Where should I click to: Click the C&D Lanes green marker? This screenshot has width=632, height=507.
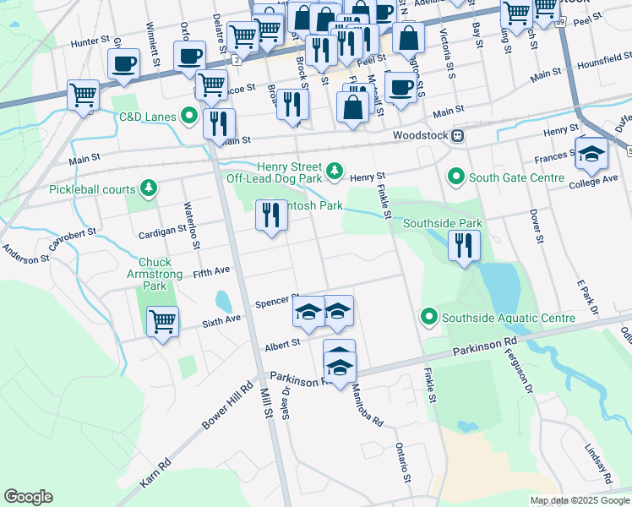[190, 117]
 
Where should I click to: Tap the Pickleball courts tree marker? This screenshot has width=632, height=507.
[149, 188]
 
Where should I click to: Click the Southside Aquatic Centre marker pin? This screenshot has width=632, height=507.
[429, 318]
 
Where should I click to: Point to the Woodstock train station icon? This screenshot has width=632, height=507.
[457, 135]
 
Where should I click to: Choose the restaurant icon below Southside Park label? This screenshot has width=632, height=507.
[464, 246]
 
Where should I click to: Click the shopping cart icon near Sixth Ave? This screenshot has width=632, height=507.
[162, 321]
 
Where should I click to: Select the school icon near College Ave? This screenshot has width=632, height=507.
[591, 154]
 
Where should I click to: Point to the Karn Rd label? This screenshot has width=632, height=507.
[155, 472]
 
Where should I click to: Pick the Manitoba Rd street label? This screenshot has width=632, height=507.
[367, 406]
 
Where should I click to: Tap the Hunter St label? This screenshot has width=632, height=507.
[91, 41]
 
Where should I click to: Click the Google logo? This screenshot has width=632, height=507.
[28, 497]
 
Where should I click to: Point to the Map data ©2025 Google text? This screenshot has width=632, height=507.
[580, 500]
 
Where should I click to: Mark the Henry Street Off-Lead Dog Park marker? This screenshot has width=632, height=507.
[335, 172]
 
